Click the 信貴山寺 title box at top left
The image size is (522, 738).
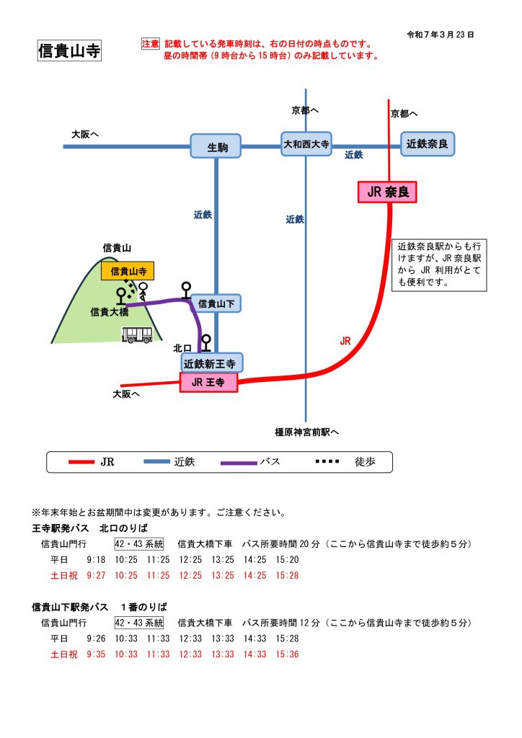point(69,51)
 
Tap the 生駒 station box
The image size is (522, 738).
point(216,146)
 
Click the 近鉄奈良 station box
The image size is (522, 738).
point(428,144)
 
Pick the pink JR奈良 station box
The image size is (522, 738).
point(387,192)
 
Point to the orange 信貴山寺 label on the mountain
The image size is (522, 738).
point(128,271)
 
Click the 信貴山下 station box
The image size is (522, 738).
point(216,303)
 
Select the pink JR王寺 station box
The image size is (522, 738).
point(208,383)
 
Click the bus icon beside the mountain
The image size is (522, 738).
point(138,334)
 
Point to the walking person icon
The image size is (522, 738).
point(143,290)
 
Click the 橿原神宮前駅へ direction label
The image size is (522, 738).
point(306,432)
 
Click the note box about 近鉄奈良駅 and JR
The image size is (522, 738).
point(439,264)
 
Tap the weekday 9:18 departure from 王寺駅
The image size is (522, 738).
point(96,559)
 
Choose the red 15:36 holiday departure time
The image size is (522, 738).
point(287,654)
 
